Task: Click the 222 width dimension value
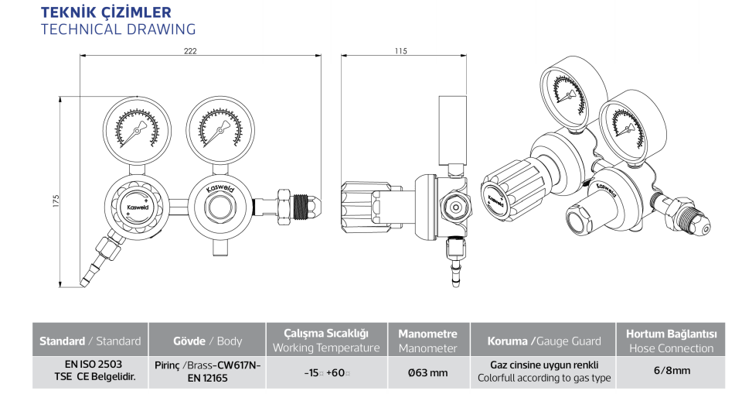point(190,51)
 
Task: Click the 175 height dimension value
point(56,201)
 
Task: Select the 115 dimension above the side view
point(400,51)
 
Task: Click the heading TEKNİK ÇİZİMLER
point(105,12)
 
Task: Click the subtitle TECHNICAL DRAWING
point(117,29)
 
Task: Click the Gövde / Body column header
point(206,341)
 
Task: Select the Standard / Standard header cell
point(90,341)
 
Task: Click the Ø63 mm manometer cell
point(427,372)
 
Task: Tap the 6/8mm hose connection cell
point(671,371)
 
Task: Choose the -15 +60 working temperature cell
point(325,372)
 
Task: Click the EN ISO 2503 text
point(89,363)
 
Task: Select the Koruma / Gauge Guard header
point(543,341)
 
